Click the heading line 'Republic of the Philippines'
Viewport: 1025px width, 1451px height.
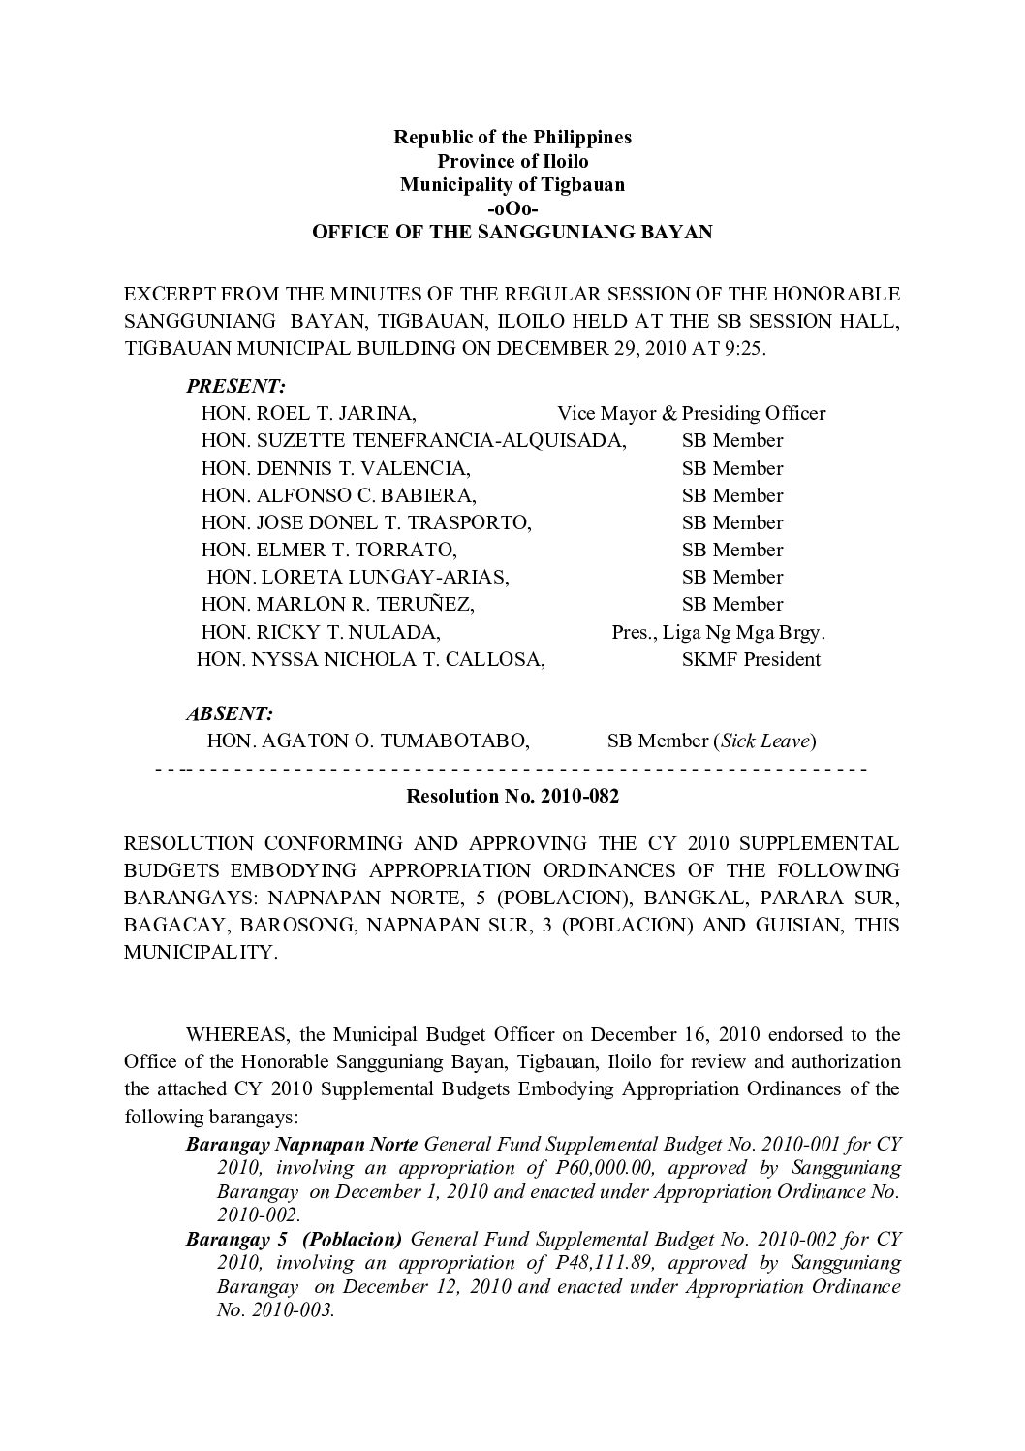point(512,137)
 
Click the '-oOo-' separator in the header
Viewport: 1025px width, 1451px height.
point(512,208)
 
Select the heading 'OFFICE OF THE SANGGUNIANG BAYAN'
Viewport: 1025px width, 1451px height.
point(512,233)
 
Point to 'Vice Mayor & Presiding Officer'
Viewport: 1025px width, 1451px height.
point(691,413)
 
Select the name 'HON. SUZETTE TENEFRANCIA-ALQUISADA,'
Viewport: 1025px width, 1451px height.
point(414,440)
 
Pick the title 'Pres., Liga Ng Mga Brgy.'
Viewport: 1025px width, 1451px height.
point(718,633)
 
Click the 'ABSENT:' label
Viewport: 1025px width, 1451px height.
point(230,713)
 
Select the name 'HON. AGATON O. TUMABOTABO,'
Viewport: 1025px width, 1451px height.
point(368,741)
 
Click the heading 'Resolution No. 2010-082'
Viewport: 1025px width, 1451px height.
point(512,798)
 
